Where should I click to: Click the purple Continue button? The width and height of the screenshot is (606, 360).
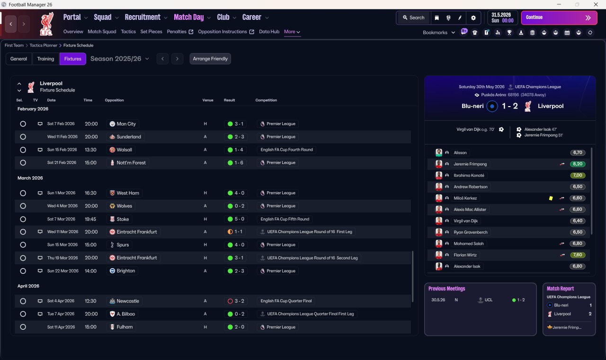559,18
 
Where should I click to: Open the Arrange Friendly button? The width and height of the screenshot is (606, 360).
210,59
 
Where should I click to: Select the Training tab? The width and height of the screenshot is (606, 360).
45,59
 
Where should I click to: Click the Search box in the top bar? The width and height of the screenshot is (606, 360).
414,18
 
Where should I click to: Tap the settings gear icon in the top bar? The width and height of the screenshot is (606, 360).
473,18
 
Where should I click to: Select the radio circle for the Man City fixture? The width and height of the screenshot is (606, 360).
23,124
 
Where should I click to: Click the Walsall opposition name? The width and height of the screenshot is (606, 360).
125,150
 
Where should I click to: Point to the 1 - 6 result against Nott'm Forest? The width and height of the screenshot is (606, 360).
239,162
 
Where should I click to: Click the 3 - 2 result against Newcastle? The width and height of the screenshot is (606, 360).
239,301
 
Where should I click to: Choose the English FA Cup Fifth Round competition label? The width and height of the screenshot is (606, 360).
285,219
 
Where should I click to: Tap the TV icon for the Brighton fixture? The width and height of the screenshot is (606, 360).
40,271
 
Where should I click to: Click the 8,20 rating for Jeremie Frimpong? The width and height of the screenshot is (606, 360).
578,164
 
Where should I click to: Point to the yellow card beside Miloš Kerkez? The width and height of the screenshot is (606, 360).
551,198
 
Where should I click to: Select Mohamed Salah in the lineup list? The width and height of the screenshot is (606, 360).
469,243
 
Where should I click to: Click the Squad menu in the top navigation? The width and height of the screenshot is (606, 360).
103,18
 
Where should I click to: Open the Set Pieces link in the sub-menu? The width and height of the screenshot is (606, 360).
151,32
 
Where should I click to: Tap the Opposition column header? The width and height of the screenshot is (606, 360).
114,100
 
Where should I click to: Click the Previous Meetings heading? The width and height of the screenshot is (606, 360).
446,289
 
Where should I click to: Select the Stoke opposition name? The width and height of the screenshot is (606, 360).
123,219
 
